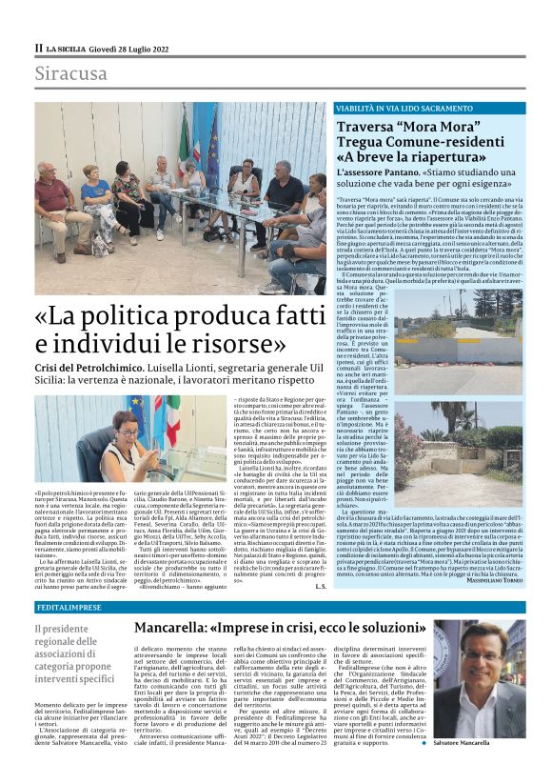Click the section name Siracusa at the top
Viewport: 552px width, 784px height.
[71, 72]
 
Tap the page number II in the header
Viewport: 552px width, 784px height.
[38, 48]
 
